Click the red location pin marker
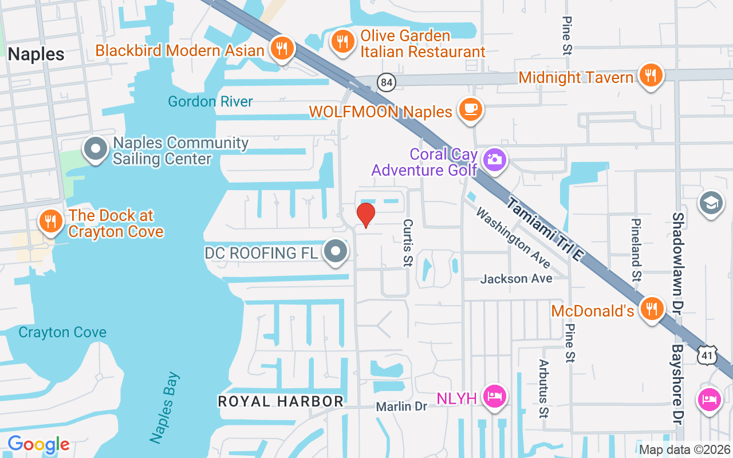tap(365, 215)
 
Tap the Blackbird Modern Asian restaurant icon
tap(281, 48)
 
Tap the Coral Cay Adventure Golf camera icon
tap(494, 160)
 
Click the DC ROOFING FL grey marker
tap(336, 251)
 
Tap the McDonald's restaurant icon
tap(651, 309)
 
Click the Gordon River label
tap(210, 102)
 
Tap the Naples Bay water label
tap(165, 408)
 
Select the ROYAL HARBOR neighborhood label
tap(281, 401)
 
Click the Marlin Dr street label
tap(402, 406)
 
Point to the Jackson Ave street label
tap(517, 279)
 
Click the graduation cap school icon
tap(712, 203)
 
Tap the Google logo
tap(38, 444)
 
